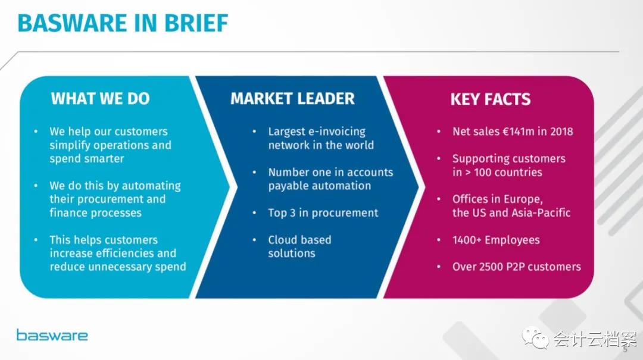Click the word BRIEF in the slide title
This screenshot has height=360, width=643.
pyautogui.click(x=196, y=23)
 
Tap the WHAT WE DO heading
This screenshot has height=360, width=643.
pyautogui.click(x=100, y=99)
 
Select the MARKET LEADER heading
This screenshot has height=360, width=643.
pyautogui.click(x=292, y=99)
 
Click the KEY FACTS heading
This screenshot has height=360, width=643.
pyautogui.click(x=491, y=99)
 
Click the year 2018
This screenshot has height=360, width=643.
pyautogui.click(x=561, y=132)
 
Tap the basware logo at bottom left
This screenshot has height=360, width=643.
pyautogui.click(x=52, y=335)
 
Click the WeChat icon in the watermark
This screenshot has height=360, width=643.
pyautogui.click(x=535, y=337)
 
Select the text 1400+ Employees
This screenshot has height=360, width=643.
pyautogui.click(x=496, y=240)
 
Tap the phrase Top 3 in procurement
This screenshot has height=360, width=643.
pyautogui.click(x=323, y=213)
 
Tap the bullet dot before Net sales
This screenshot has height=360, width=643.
pyautogui.click(x=438, y=132)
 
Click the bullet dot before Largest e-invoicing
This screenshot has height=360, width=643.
pyautogui.click(x=254, y=132)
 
